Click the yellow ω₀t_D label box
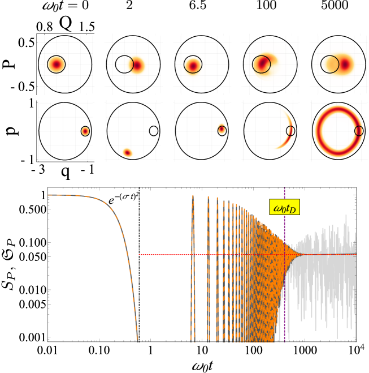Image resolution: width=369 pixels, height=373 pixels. [284, 208]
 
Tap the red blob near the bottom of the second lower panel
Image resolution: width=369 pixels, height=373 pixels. [127, 152]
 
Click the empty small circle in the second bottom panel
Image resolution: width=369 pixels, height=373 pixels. [154, 131]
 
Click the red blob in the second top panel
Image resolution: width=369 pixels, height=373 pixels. [137, 65]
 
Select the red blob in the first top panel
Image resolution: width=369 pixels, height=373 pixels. [56, 65]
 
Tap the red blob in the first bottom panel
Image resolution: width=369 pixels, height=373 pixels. [85, 131]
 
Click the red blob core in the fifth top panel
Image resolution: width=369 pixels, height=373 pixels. [344, 64]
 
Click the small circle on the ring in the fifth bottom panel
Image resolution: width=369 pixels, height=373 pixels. [359, 131]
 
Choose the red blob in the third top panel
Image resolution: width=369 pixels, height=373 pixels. [193, 66]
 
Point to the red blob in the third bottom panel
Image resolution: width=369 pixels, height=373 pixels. [222, 130]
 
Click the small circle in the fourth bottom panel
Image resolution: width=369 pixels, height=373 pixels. [290, 131]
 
